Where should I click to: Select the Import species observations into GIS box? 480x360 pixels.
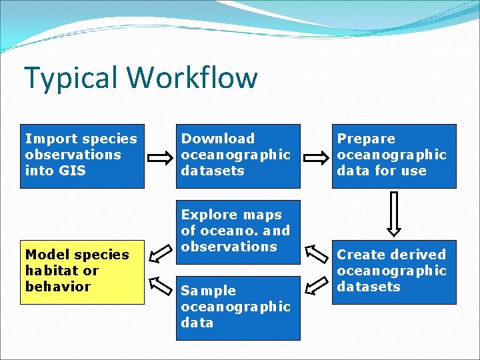(x=82, y=156)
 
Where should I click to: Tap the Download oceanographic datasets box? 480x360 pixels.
(x=238, y=156)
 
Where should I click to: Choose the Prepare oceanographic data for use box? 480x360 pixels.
(x=394, y=156)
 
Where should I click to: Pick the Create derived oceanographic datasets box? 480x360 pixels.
(x=394, y=271)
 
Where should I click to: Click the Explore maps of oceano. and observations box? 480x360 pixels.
(x=238, y=231)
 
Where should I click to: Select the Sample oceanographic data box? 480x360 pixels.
(x=238, y=308)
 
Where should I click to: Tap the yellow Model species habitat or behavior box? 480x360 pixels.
(x=82, y=271)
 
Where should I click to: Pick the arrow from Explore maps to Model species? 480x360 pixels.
(x=160, y=255)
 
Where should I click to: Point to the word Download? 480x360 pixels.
(x=218, y=139)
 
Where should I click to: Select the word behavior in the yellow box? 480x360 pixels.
(x=57, y=287)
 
